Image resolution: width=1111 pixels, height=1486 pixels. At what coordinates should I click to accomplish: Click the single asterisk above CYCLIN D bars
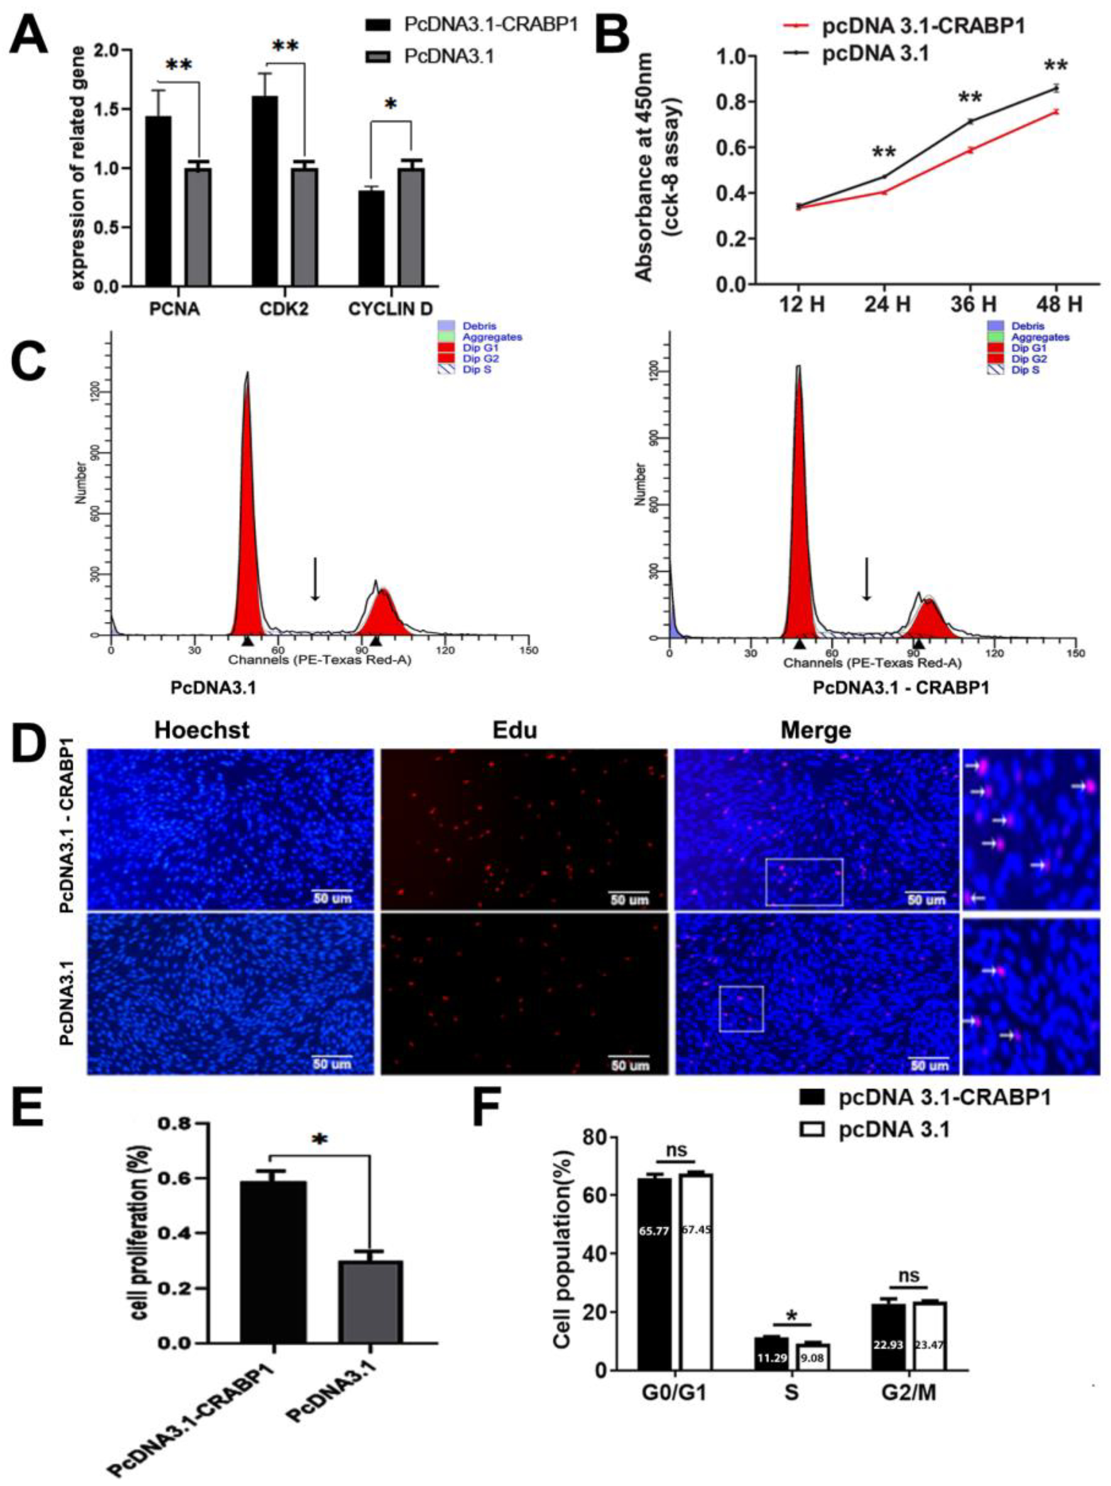pyautogui.click(x=390, y=106)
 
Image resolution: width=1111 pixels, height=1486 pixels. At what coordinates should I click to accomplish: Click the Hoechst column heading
pyautogui.click(x=201, y=731)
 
